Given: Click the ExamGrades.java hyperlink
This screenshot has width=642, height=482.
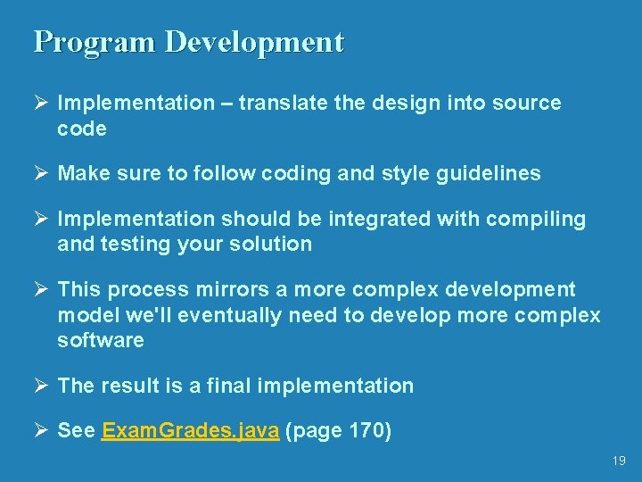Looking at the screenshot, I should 192,431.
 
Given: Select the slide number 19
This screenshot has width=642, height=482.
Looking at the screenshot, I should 619,461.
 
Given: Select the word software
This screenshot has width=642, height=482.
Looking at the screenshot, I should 100,341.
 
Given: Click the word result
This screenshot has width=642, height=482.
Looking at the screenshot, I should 133,386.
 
